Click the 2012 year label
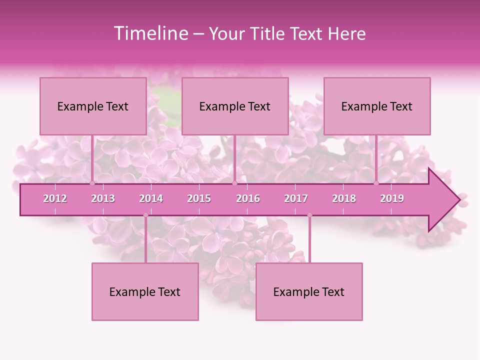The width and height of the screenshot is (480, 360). [55, 198]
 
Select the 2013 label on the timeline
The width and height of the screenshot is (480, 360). [103, 198]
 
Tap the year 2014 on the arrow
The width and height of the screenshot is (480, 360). [151, 198]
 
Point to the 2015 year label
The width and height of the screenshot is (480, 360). [199, 198]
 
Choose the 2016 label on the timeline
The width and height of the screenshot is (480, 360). [248, 198]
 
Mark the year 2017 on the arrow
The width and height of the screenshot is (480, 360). [296, 198]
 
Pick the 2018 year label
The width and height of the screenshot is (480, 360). [344, 198]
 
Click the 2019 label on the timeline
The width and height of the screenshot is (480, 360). [392, 198]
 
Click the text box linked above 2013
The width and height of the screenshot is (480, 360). [93, 106]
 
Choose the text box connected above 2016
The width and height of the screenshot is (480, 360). [235, 106]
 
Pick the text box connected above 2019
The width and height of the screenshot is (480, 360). [377, 106]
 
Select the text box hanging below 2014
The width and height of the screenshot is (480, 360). [145, 291]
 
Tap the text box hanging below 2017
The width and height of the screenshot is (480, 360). [309, 291]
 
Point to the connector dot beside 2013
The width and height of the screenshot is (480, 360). [92, 183]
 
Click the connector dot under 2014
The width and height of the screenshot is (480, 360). [145, 215]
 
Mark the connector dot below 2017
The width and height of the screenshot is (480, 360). [309, 215]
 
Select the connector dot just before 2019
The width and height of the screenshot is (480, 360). [376, 183]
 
